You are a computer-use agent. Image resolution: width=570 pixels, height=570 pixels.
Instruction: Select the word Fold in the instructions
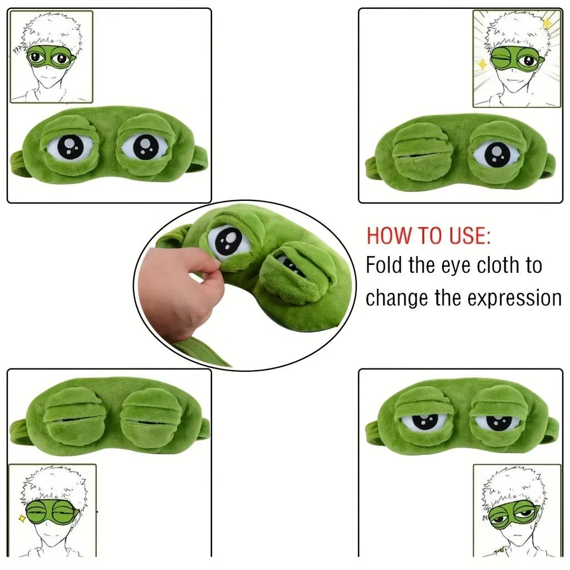pyautogui.click(x=385, y=266)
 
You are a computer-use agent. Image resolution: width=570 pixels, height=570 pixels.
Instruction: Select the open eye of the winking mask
pyautogui.click(x=497, y=154)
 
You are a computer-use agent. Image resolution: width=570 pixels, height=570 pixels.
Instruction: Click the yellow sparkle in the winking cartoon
pyautogui.click(x=482, y=65)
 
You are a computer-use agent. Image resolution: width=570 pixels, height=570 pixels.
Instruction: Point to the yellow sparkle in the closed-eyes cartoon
pyautogui.click(x=22, y=518)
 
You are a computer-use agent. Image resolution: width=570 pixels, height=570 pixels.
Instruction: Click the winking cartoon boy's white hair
pyautogui.click(x=515, y=31)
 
